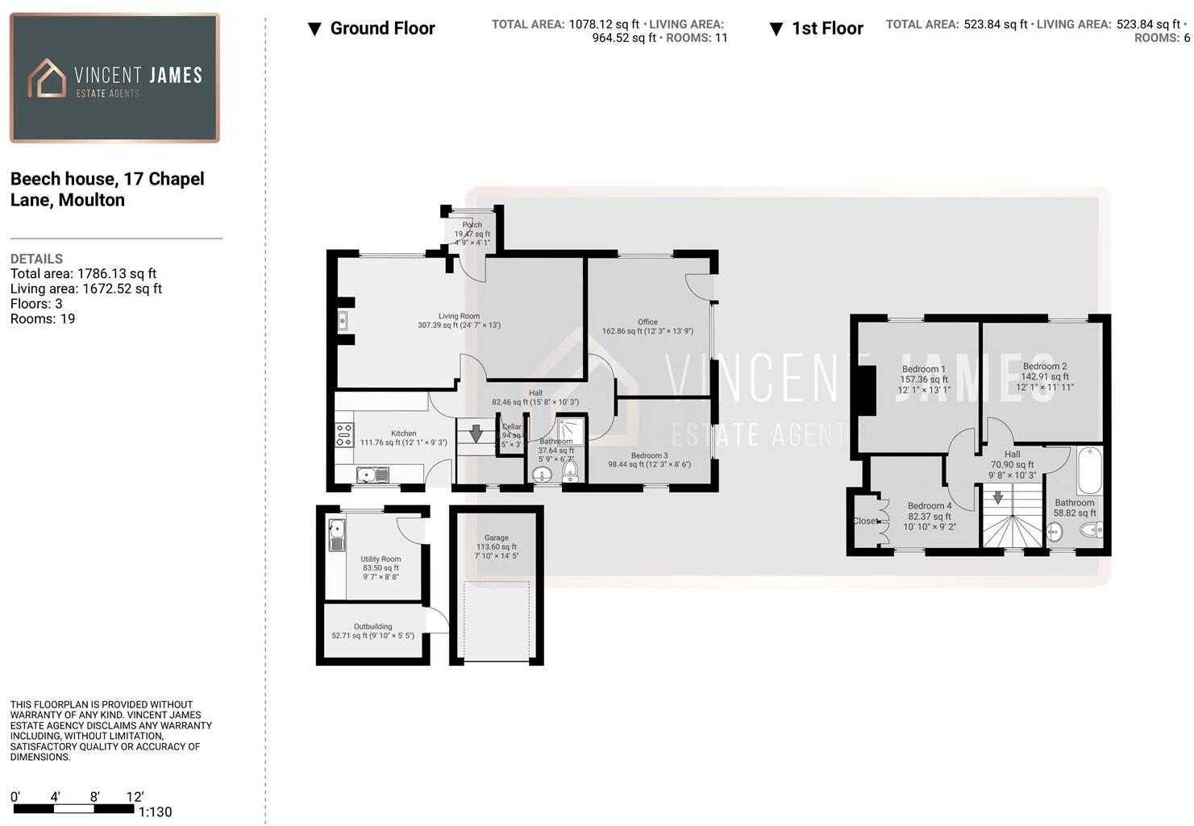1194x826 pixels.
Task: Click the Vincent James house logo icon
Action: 47,78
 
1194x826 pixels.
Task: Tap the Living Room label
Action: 459,317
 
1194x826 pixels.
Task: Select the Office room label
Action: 647,322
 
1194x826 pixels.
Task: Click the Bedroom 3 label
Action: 649,455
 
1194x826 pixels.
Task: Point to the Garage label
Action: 497,538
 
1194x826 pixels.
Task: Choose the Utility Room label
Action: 381,558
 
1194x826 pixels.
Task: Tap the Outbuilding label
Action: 372,626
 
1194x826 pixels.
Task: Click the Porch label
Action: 472,225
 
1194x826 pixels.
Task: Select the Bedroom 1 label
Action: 923,369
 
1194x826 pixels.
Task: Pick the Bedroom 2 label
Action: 1045,366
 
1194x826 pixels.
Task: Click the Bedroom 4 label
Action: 930,506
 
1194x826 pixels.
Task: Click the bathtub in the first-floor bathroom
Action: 1089,471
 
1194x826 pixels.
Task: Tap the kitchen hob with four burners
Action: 344,435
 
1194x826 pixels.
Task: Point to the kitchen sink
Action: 372,475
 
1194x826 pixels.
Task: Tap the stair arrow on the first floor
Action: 998,497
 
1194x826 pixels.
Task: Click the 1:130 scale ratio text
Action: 155,811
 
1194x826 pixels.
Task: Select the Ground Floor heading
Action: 382,28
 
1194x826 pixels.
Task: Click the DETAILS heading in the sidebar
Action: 36,259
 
